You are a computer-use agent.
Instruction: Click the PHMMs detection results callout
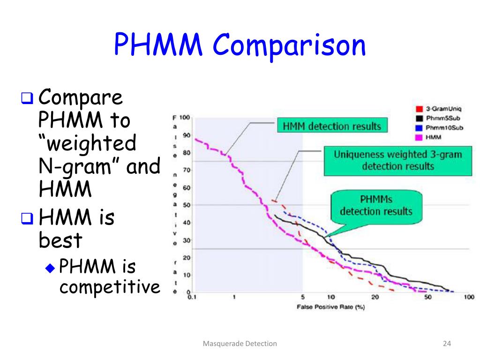pyautogui.click(x=376, y=205)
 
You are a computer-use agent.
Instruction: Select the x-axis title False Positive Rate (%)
pyautogui.click(x=330, y=307)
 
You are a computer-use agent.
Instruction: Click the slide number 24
pyautogui.click(x=446, y=344)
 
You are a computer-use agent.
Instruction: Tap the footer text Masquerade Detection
pyautogui.click(x=240, y=344)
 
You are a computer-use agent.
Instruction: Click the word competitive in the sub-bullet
pyautogui.click(x=110, y=287)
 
